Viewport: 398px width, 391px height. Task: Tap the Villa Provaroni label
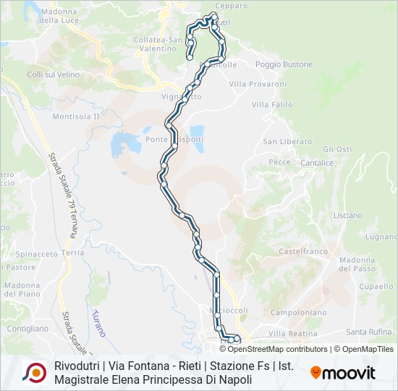click(258, 85)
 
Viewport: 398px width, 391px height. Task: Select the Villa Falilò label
click(272, 105)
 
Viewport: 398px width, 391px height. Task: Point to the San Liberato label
click(287, 142)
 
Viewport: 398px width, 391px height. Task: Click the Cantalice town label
click(317, 163)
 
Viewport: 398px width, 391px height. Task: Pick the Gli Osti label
click(337, 149)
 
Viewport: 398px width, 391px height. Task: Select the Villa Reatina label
click(293, 333)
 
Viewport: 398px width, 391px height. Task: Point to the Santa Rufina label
click(368, 332)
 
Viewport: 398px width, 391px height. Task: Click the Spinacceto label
click(37, 254)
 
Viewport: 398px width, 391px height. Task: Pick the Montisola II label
click(76, 116)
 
